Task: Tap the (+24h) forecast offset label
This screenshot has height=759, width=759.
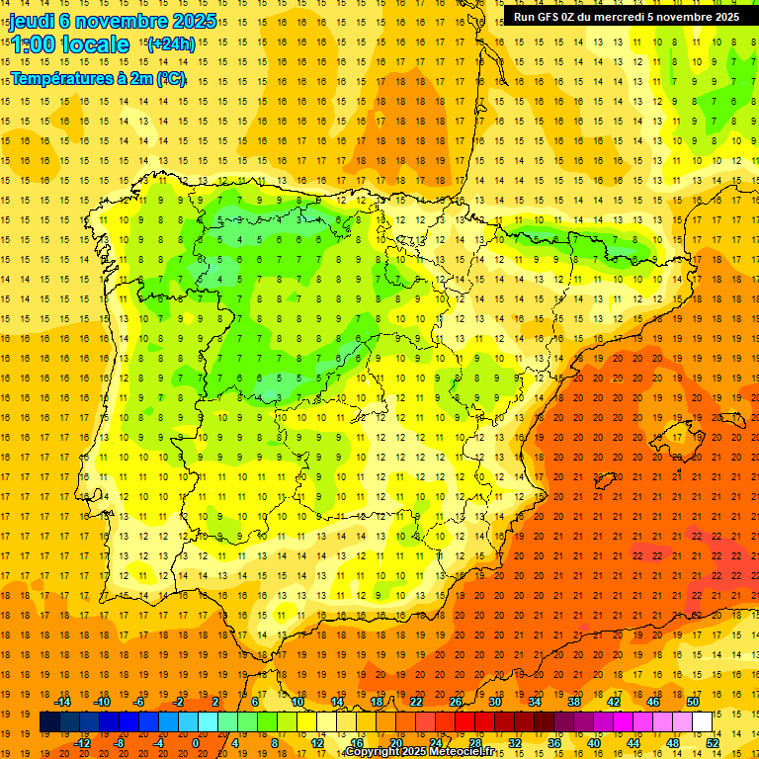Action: tap(171, 43)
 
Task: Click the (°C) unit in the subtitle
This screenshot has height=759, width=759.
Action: tap(171, 78)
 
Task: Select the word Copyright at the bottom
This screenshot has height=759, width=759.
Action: tap(371, 752)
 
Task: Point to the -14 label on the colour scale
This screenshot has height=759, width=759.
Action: tap(63, 702)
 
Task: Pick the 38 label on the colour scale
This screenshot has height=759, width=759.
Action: tap(574, 702)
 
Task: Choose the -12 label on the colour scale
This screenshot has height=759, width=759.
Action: tap(82, 742)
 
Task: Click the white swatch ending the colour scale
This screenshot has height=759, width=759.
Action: tap(703, 721)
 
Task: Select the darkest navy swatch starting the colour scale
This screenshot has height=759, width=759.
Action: tap(49, 721)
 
